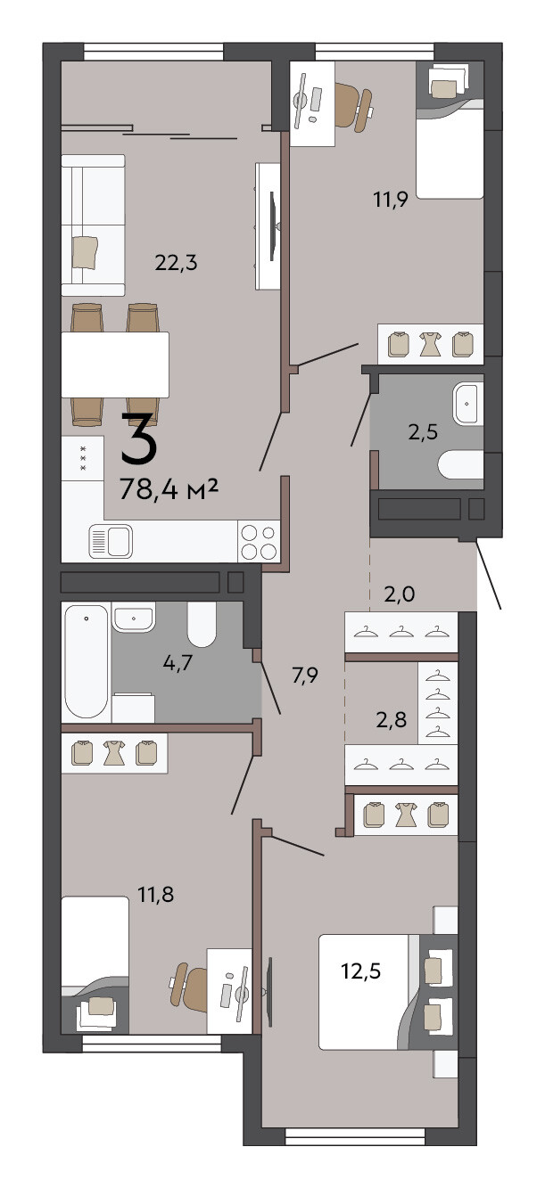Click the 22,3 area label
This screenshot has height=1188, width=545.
tap(177, 263)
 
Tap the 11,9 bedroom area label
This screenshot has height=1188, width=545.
tap(391, 200)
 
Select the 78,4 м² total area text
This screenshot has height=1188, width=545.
tap(169, 489)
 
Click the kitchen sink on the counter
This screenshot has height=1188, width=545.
tap(111, 541)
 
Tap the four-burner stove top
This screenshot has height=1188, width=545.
tap(259, 541)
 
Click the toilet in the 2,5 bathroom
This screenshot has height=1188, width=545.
tap(460, 464)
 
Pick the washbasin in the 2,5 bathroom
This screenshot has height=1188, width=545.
tap(468, 404)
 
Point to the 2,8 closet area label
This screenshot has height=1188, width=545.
tap(392, 720)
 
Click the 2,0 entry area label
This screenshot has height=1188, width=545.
tap(399, 594)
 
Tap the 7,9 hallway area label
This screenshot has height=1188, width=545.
tap(304, 676)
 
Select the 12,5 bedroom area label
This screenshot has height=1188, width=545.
tap(361, 971)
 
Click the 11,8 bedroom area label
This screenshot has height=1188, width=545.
tap(156, 895)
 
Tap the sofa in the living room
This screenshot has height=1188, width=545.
tap(93, 225)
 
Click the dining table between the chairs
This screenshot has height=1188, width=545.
tap(115, 365)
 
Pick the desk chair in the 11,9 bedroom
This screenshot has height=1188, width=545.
tap(353, 106)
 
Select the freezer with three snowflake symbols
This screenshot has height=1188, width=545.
tap(82, 458)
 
